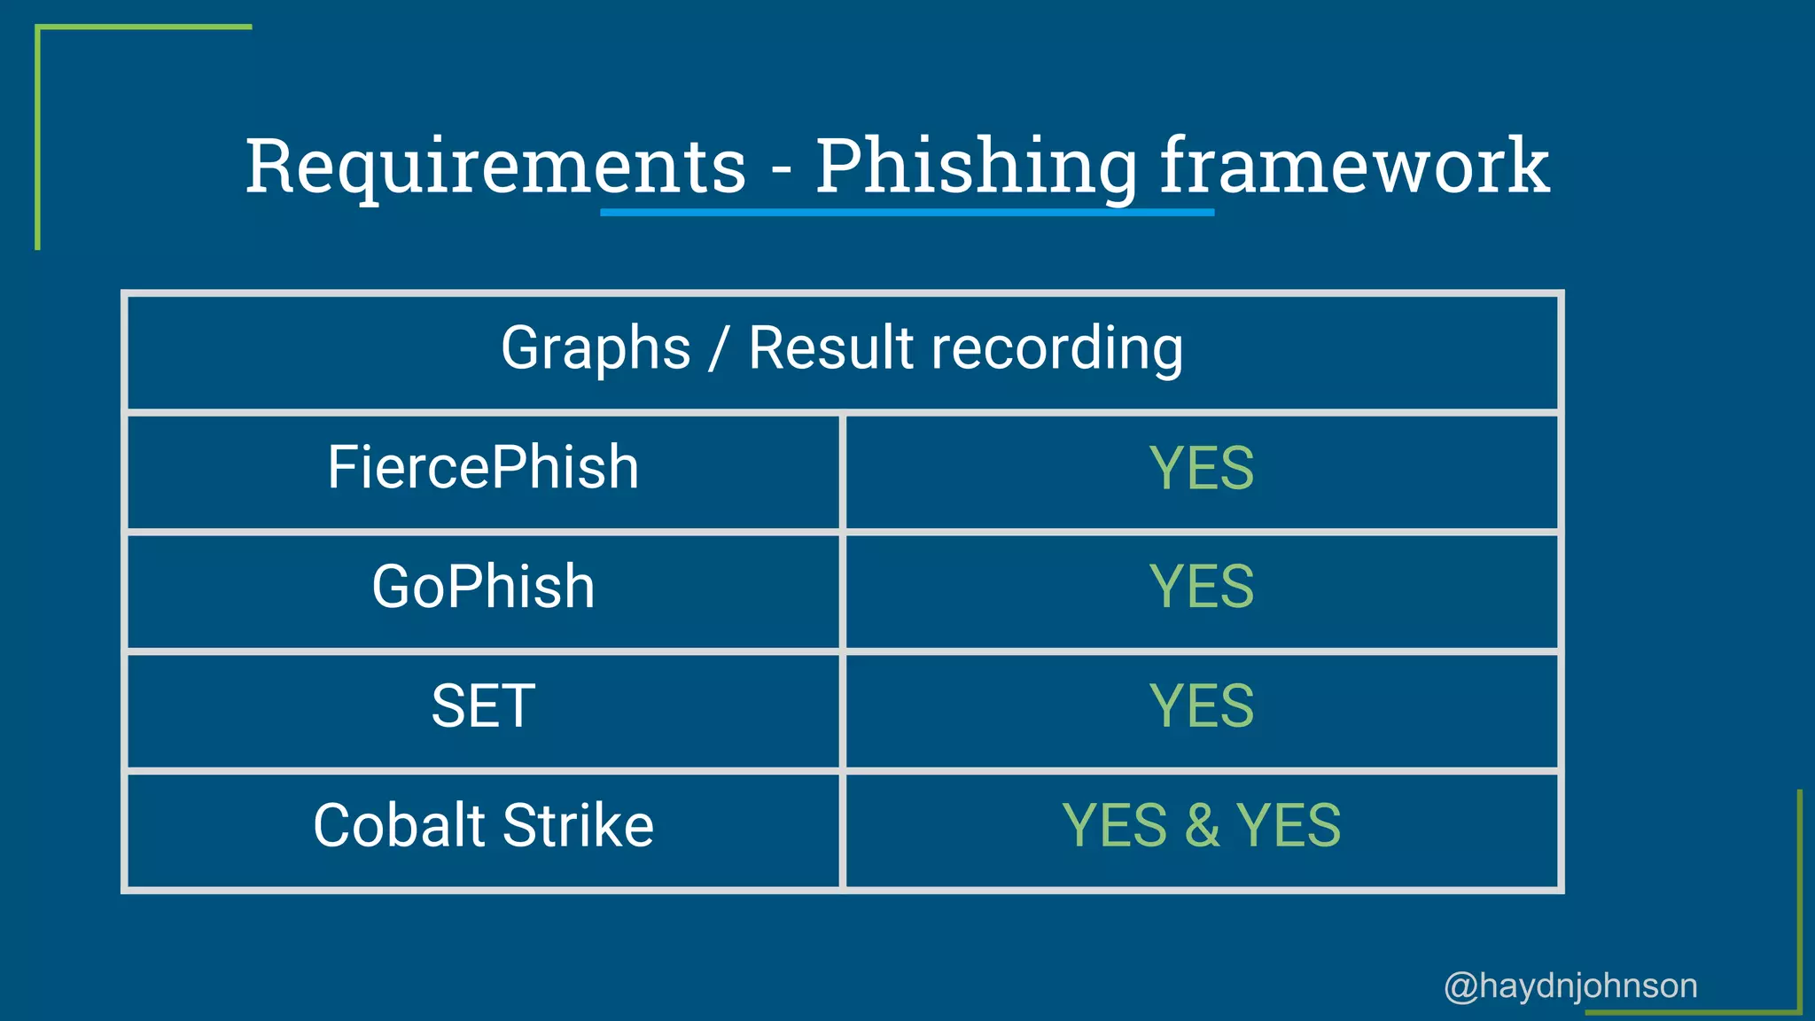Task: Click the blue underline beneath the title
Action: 907,213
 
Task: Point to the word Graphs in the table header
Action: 596,347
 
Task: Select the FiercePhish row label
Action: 483,467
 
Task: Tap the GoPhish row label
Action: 483,587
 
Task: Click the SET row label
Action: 483,706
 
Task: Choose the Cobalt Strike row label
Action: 483,825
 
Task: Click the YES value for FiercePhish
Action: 1201,468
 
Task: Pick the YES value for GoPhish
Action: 1201,587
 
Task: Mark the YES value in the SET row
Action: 1201,706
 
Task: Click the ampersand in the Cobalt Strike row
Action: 1202,825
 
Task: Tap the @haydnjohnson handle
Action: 1570,986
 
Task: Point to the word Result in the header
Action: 830,347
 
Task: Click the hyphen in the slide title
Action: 781,168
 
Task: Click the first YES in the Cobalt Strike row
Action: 1114,825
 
